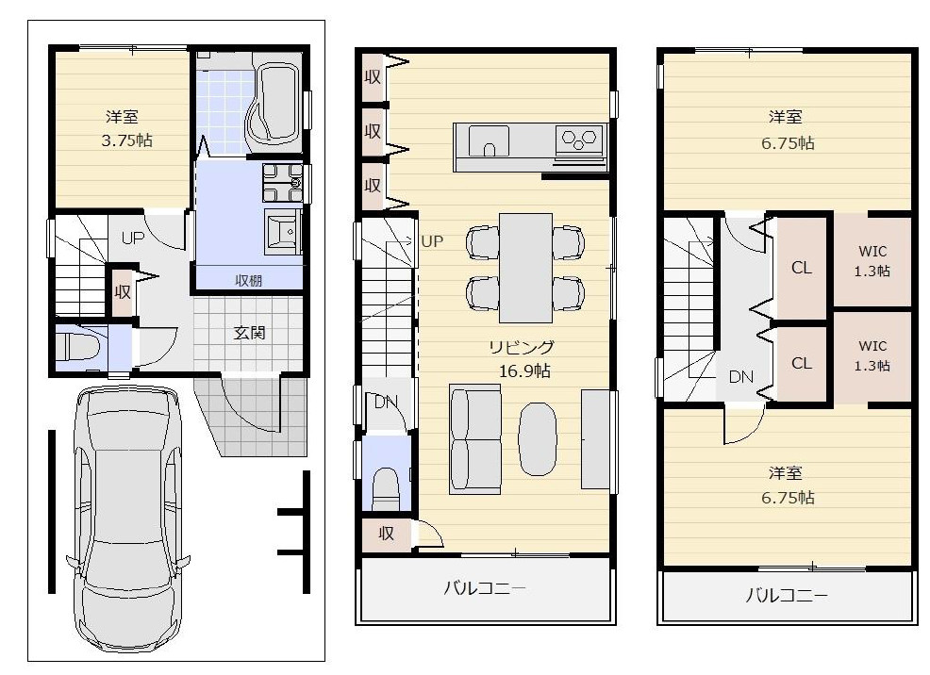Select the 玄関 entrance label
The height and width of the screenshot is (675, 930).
click(x=250, y=332)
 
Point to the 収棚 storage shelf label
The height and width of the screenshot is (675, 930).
click(x=249, y=279)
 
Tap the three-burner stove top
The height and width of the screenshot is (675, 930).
click(x=579, y=140)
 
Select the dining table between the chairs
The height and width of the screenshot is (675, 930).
click(x=525, y=267)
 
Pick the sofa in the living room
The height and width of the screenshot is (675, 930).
click(x=476, y=438)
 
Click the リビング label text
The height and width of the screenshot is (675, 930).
click(x=521, y=347)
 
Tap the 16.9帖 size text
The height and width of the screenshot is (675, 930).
click(x=524, y=371)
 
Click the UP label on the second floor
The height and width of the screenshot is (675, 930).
click(x=432, y=241)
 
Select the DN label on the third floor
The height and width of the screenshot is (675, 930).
click(x=740, y=377)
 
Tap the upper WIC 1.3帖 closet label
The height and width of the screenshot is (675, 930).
click(x=873, y=260)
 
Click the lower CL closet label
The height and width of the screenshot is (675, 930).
click(x=802, y=363)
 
